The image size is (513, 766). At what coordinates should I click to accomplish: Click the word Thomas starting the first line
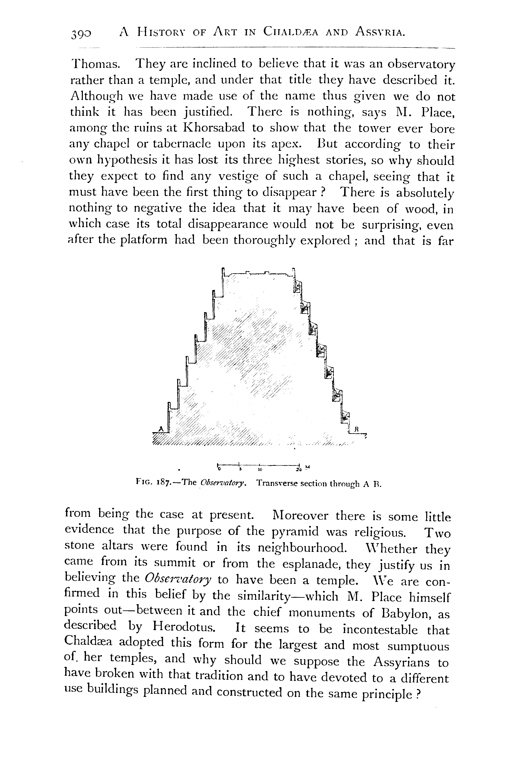(95, 64)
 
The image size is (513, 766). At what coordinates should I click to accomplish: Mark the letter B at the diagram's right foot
(357, 428)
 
